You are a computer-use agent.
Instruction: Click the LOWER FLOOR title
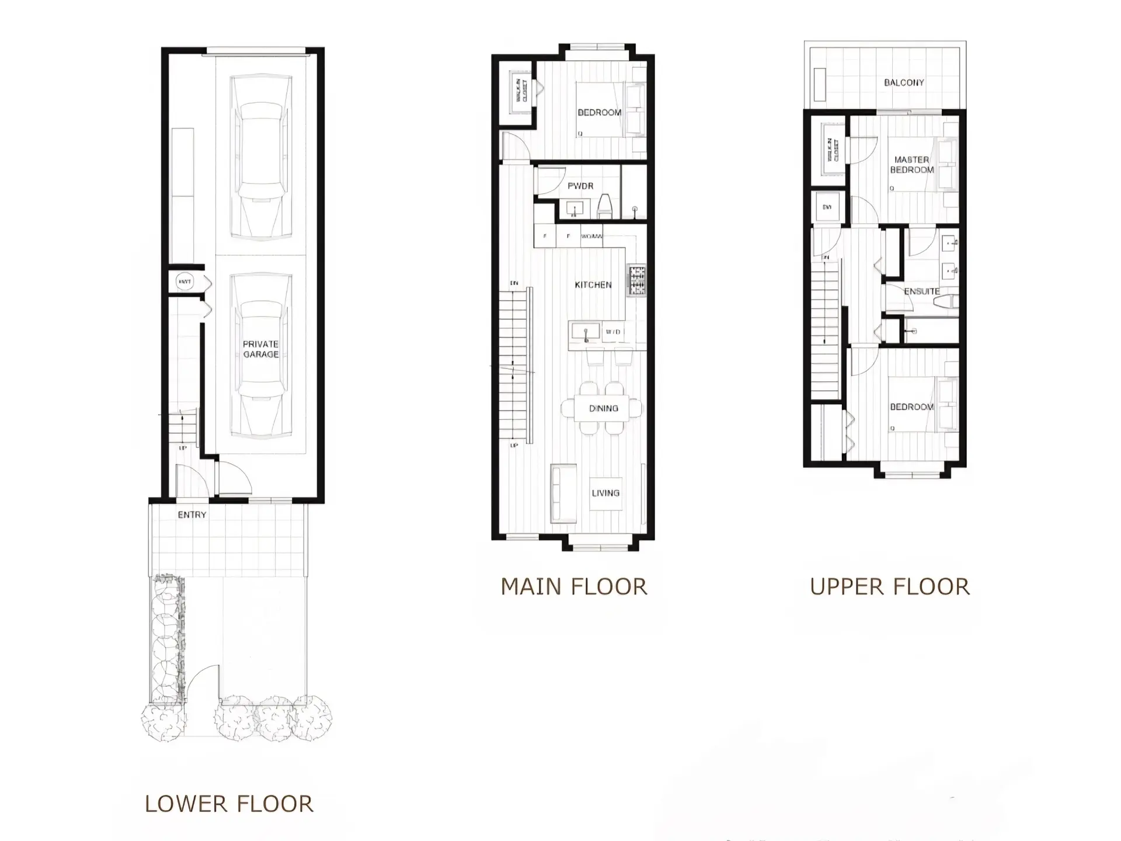pyautogui.click(x=229, y=804)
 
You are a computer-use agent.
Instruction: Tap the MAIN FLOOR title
pyautogui.click(x=574, y=587)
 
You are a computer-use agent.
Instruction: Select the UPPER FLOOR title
pyautogui.click(x=889, y=587)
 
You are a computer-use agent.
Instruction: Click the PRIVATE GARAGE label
pyautogui.click(x=260, y=349)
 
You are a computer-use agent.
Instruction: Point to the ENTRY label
pyautogui.click(x=192, y=515)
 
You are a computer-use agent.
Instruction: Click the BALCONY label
pyautogui.click(x=904, y=83)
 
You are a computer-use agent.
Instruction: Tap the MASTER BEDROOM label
pyautogui.click(x=911, y=165)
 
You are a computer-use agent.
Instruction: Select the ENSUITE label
pyautogui.click(x=921, y=291)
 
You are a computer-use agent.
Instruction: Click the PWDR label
pyautogui.click(x=580, y=186)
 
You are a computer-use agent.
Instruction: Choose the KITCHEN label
pyautogui.click(x=593, y=285)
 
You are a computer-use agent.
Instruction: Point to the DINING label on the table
pyautogui.click(x=603, y=409)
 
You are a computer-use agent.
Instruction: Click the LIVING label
pyautogui.click(x=605, y=494)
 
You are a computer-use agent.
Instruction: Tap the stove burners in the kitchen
pyautogui.click(x=637, y=280)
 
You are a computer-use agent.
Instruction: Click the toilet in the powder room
pyautogui.click(x=604, y=206)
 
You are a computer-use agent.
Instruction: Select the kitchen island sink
pyautogui.click(x=585, y=332)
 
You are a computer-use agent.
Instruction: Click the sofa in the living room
pyautogui.click(x=563, y=494)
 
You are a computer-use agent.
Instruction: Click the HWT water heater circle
pyautogui.click(x=184, y=282)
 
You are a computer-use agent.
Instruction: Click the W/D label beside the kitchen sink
pyautogui.click(x=612, y=332)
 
